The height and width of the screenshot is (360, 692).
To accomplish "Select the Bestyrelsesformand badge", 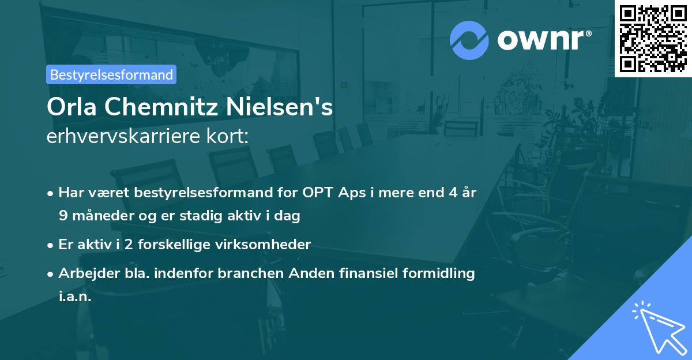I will click(x=111, y=74).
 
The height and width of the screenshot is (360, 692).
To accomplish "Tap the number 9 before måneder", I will click(x=63, y=216).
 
